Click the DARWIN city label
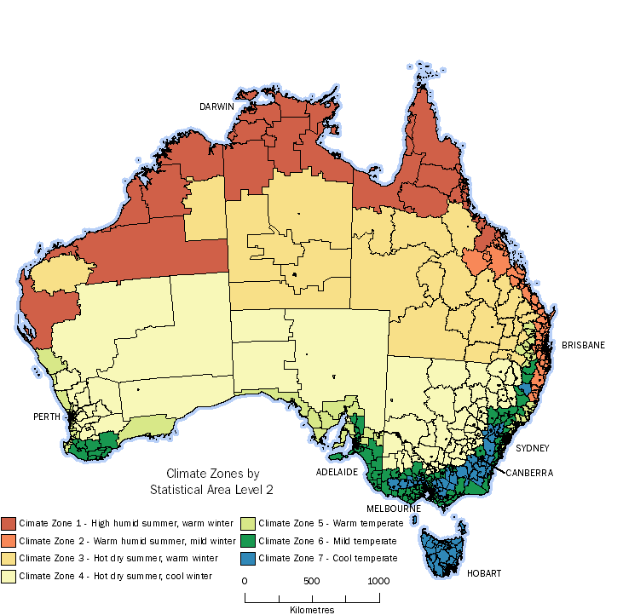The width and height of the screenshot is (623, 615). (x=216, y=106)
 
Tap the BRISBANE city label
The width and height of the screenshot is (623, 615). (x=583, y=345)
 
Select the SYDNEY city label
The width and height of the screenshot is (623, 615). (x=532, y=448)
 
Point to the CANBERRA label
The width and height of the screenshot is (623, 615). (x=529, y=472)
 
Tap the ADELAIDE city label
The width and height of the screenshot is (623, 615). (x=336, y=471)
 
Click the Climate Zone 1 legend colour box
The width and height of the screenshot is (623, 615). (x=9, y=524)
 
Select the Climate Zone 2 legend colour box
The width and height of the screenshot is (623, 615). (x=9, y=541)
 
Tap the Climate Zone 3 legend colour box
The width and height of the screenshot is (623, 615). (x=9, y=558)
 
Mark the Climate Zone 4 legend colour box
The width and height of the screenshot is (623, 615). (x=9, y=575)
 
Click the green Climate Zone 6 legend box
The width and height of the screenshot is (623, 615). (x=247, y=541)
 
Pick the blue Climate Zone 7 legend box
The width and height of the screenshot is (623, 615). (x=247, y=558)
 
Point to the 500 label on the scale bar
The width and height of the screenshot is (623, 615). (x=311, y=581)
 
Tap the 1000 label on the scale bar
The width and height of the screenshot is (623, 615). (x=378, y=581)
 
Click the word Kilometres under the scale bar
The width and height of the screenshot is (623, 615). (x=311, y=609)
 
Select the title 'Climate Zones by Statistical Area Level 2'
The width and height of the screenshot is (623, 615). (x=212, y=482)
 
